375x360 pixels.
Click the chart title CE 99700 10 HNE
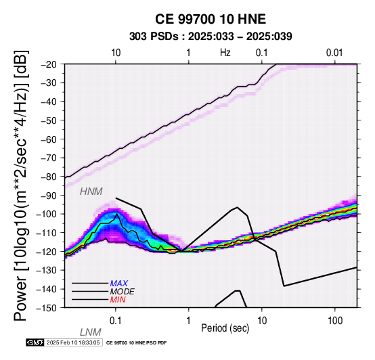(x=211, y=19)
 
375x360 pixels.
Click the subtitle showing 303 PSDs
(x=211, y=37)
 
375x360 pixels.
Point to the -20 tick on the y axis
(x=49, y=64)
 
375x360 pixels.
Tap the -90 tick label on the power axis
(x=49, y=196)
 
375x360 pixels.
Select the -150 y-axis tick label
(x=47, y=308)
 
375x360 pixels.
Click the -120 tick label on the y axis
(x=47, y=252)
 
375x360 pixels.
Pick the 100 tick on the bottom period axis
(x=335, y=321)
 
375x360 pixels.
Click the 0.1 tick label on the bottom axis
(x=116, y=321)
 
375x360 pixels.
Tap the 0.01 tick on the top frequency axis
(x=334, y=53)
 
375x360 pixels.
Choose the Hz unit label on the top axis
(x=225, y=53)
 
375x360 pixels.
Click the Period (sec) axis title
(x=225, y=328)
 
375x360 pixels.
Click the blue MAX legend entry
(x=119, y=284)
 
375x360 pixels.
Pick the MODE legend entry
(x=123, y=292)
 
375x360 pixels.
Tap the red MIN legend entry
(x=118, y=300)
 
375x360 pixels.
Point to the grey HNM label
(x=91, y=192)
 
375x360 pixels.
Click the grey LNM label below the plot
(x=91, y=332)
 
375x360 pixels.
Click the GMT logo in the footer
(x=35, y=342)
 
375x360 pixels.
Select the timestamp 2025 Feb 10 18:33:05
(x=73, y=342)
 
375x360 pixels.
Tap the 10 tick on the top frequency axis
(x=116, y=53)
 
